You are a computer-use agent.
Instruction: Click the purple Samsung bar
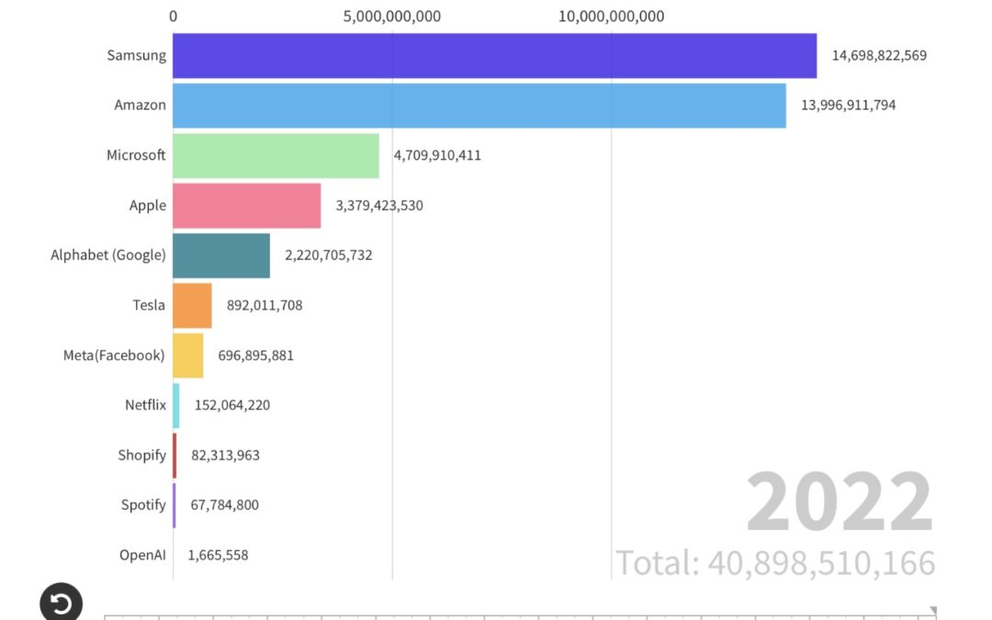click(494, 56)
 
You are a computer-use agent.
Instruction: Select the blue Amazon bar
click(479, 106)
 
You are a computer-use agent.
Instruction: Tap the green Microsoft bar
click(276, 155)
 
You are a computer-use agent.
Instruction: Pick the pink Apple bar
click(246, 206)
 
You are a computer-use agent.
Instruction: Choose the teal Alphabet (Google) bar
click(221, 255)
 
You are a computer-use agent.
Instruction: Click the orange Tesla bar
click(192, 306)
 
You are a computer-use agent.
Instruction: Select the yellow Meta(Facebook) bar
click(187, 355)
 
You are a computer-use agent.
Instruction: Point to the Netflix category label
click(145, 405)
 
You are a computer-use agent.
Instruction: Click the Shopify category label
click(141, 455)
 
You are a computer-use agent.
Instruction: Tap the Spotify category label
click(143, 504)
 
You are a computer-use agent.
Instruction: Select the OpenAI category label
click(142, 555)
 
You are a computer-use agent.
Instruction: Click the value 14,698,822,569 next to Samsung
click(879, 55)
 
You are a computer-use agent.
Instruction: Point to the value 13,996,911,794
click(848, 105)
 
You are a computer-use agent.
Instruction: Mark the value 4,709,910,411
click(437, 155)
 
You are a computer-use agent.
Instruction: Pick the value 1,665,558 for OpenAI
click(218, 555)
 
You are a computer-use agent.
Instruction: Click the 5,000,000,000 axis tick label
click(392, 17)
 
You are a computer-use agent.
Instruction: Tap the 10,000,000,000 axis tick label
click(611, 17)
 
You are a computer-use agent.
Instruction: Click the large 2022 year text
click(839, 503)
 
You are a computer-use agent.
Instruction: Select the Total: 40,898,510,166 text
click(774, 562)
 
